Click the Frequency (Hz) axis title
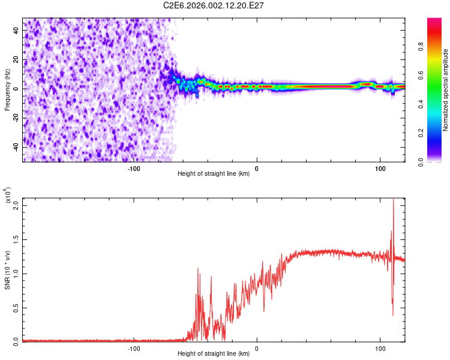click(x=7, y=90)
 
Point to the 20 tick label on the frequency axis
click(x=16, y=59)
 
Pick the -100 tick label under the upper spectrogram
click(x=134, y=168)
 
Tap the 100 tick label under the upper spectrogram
click(x=380, y=168)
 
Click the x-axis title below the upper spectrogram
click(x=214, y=174)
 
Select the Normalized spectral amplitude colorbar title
click(x=446, y=90)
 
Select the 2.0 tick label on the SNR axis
click(x=16, y=205)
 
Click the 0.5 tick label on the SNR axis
click(x=16, y=307)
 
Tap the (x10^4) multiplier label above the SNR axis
click(x=8, y=196)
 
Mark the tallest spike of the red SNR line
click(x=394, y=200)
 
